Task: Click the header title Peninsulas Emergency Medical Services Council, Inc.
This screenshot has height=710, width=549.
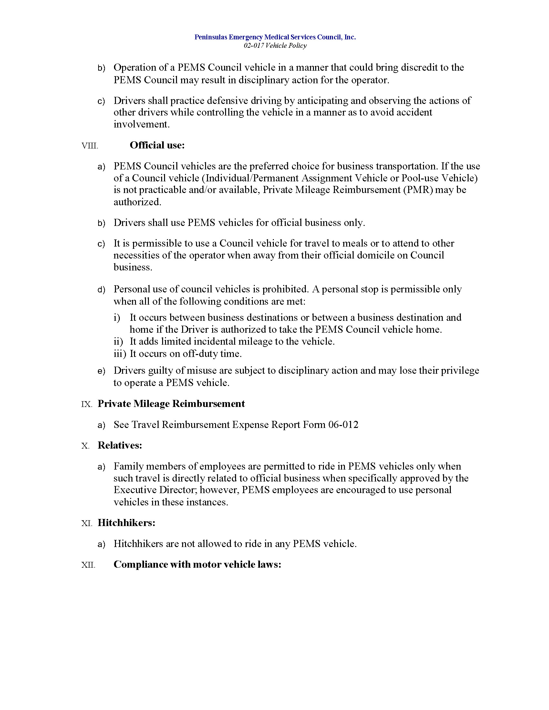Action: [275, 37]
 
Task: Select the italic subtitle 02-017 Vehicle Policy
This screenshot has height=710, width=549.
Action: [275, 46]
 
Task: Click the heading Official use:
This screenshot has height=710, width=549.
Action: [157, 145]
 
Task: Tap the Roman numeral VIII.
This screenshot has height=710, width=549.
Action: [90, 146]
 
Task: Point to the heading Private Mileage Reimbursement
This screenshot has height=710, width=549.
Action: [171, 403]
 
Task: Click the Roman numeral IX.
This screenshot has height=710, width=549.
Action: [87, 404]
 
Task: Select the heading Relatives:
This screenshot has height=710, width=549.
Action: [120, 445]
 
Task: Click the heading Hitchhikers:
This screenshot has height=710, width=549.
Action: [126, 522]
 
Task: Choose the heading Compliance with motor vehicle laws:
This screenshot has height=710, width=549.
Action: [197, 564]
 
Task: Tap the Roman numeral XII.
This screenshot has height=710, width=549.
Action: [88, 565]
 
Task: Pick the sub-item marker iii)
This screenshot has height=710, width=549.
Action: [120, 353]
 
